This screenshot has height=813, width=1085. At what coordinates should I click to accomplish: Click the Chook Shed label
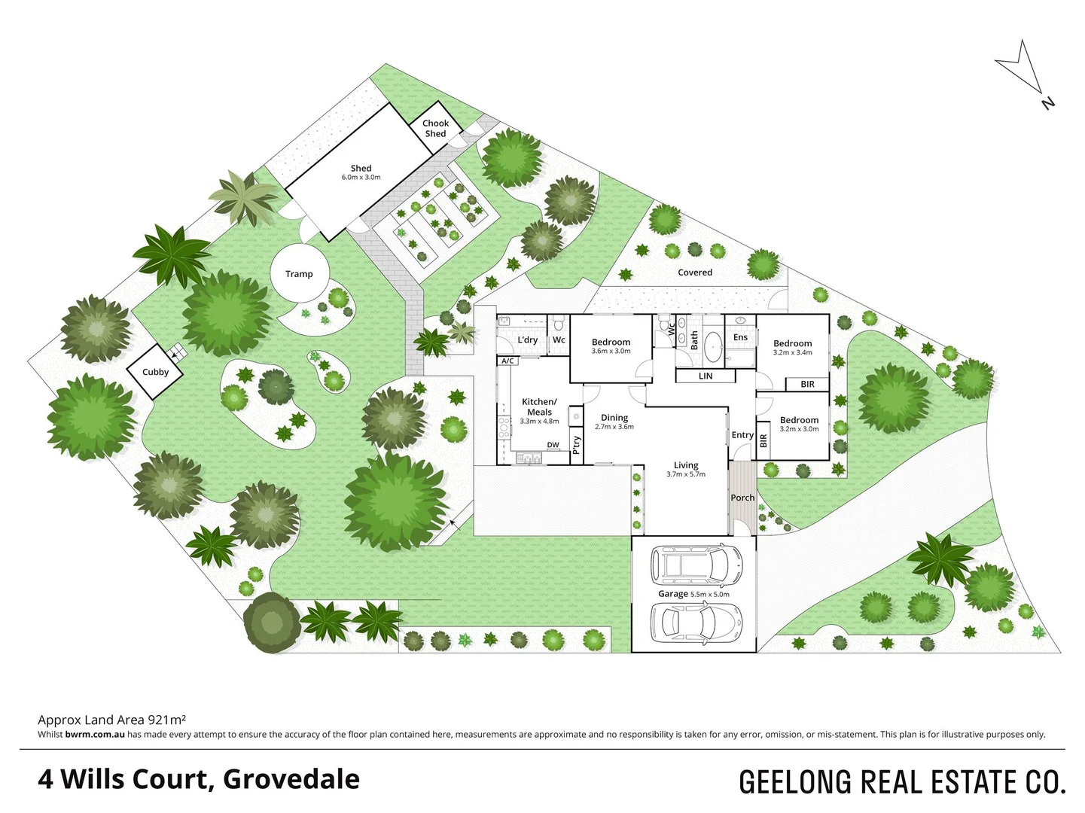click(435, 129)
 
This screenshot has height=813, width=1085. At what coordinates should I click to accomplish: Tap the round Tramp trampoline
click(299, 274)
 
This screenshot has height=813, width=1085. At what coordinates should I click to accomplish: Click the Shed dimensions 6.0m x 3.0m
click(361, 178)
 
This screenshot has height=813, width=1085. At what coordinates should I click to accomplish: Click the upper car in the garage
click(696, 563)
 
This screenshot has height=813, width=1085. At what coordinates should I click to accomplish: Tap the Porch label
click(742, 498)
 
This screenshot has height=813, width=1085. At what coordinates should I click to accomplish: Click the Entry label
click(742, 435)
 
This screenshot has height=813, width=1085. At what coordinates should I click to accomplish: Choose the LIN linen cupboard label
click(706, 376)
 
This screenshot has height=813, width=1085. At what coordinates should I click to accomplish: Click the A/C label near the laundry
click(507, 361)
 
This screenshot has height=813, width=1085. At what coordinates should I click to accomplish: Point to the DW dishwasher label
click(553, 445)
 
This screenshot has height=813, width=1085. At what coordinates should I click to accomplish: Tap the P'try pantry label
click(577, 445)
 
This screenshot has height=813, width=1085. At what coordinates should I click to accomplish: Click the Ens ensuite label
click(741, 337)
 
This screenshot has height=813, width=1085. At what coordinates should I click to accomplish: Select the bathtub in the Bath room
click(712, 349)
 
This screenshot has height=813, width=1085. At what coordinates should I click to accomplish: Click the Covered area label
click(695, 273)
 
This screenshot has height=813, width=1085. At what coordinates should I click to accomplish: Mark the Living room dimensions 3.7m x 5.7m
click(686, 474)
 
